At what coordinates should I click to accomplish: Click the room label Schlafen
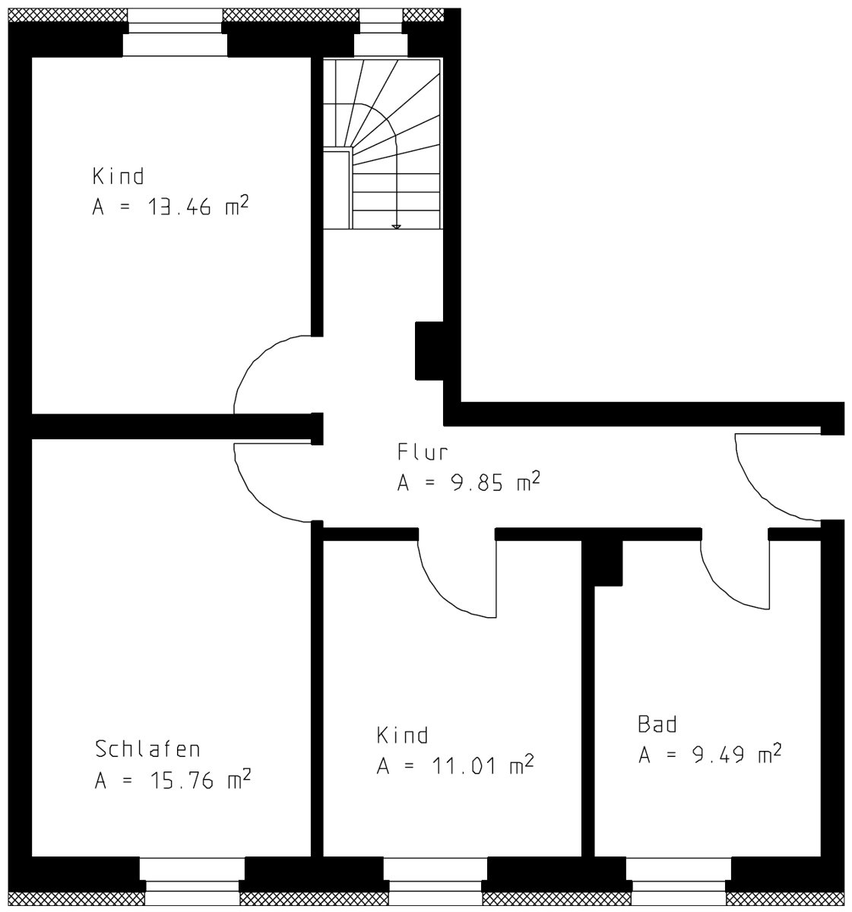click(147, 749)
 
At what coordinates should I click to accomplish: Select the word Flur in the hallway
click(422, 452)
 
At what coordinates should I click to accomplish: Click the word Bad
click(657, 724)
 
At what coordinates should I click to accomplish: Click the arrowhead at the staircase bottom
click(396, 226)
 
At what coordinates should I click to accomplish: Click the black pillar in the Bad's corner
click(603, 563)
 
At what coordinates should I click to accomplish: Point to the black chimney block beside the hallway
click(429, 351)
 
